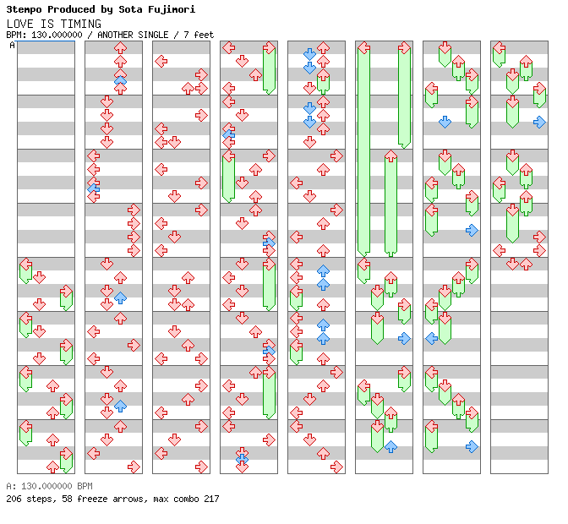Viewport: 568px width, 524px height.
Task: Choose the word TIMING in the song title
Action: [82, 24]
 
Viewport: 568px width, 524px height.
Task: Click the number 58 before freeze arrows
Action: [62, 499]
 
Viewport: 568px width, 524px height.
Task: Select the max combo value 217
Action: [210, 499]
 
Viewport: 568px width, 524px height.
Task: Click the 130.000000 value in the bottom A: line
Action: [44, 487]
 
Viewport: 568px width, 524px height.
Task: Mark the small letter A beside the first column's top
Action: [13, 46]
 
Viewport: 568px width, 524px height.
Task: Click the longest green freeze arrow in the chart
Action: [363, 148]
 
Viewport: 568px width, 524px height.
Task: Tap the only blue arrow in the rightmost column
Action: [539, 122]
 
